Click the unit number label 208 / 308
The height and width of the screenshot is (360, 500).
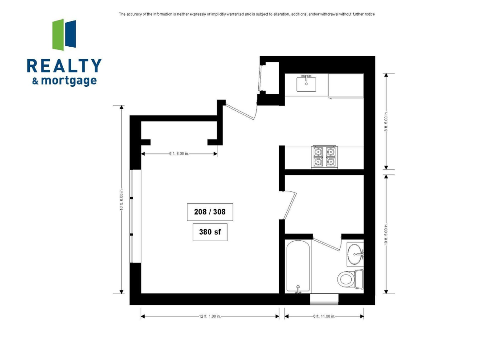coord(210,212)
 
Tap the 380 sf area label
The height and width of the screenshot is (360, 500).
coord(210,232)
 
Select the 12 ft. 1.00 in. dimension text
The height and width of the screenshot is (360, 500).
coord(210,316)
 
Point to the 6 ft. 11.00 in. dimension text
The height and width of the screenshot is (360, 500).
coord(324,316)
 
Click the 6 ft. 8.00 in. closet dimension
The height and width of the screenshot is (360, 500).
coord(179,154)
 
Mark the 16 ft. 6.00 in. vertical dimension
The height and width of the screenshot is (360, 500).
coord(121,199)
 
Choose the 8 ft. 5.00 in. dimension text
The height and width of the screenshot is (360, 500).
coord(386,121)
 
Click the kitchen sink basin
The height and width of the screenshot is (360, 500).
coord(306,84)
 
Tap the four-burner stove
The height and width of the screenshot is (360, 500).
coord(324,157)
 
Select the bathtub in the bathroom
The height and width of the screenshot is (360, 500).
coord(298,267)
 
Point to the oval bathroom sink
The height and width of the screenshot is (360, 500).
coord(354,254)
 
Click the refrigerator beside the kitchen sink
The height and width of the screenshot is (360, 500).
coord(346,86)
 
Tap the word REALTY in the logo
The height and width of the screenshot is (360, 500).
coord(64,66)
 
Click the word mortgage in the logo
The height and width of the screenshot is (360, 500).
coord(69,81)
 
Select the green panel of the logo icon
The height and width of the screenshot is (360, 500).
coord(58,35)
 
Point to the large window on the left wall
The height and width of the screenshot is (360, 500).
coord(135,216)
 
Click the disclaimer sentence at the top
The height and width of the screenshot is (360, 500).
coord(247,14)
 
